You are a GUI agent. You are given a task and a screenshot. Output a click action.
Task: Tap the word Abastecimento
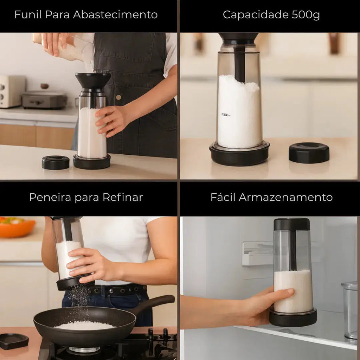click(115, 14)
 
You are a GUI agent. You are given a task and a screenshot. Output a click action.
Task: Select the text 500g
click(306, 15)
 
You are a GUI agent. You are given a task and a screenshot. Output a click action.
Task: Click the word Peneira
click(50, 197)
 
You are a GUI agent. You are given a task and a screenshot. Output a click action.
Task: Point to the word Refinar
click(123, 197)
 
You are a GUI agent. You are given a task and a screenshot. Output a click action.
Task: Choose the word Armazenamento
click(285, 197)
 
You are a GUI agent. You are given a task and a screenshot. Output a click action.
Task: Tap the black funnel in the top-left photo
click(93, 81)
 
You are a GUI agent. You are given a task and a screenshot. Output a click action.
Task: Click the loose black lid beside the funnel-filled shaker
click(56, 162)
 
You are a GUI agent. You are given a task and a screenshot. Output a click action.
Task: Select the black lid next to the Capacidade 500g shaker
click(309, 153)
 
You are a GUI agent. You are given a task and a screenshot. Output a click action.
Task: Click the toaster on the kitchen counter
click(12, 91)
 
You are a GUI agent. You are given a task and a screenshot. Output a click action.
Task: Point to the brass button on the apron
click(118, 97)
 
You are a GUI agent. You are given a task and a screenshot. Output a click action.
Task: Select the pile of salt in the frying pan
click(85, 326)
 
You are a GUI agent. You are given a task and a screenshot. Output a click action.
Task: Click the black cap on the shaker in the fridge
click(292, 224)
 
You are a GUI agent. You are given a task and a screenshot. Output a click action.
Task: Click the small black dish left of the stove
click(14, 341)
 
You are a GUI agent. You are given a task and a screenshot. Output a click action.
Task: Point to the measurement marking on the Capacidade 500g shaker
click(225, 115)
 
